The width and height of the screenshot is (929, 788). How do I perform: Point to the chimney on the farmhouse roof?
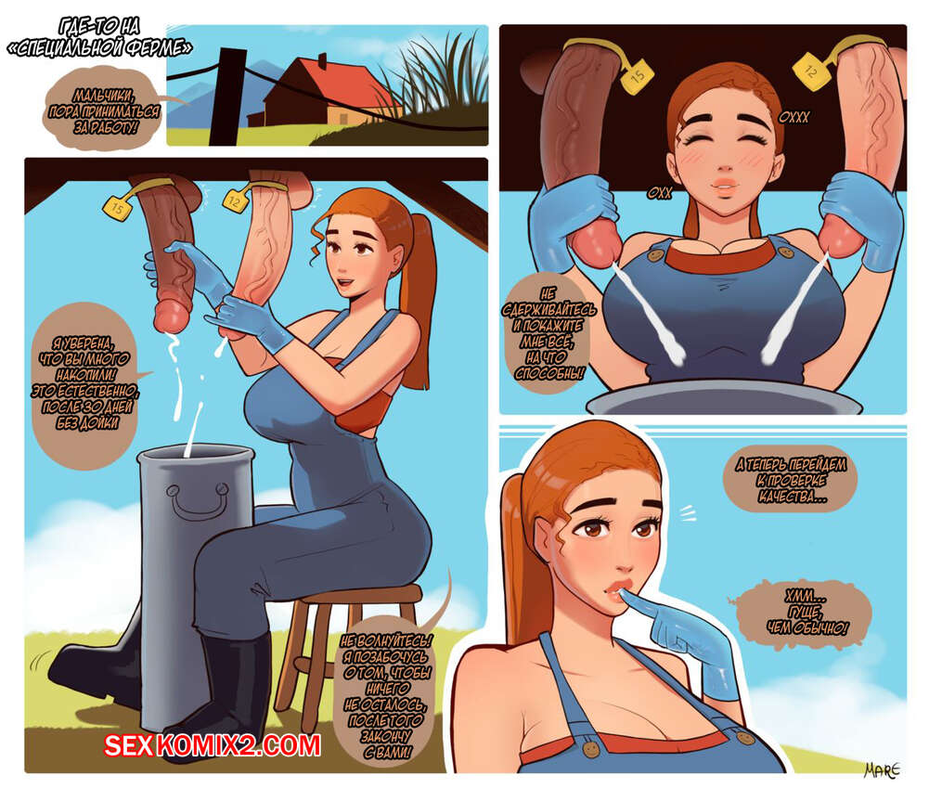[322, 60]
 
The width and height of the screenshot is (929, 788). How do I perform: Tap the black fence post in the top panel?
[227, 97]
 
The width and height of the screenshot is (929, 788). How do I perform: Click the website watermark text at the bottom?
[213, 745]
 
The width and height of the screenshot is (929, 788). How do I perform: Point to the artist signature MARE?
[882, 769]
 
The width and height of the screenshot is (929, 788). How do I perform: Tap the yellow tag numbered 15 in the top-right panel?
[637, 76]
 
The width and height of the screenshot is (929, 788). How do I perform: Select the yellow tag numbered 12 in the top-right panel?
[810, 71]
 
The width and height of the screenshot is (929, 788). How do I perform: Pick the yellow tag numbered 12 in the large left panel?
[235, 201]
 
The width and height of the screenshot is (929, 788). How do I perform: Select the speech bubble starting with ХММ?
[806, 612]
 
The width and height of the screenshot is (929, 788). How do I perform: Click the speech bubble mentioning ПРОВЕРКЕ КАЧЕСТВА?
[791, 479]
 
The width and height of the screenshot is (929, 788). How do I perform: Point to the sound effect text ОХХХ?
[794, 117]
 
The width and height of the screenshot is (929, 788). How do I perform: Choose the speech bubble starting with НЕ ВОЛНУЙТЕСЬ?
[386, 694]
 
